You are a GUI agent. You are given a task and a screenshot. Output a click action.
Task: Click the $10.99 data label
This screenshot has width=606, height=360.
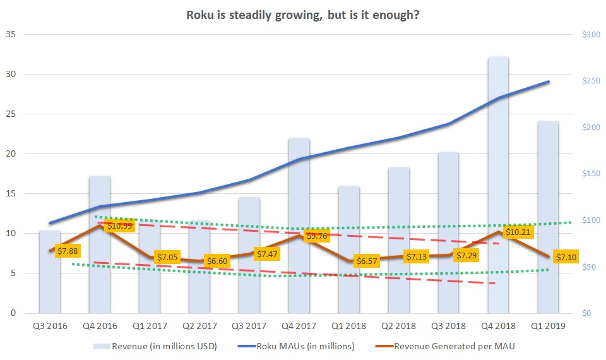pos(119,225)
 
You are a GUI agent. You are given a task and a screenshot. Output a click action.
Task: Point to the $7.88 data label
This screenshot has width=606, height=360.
pos(69,251)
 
